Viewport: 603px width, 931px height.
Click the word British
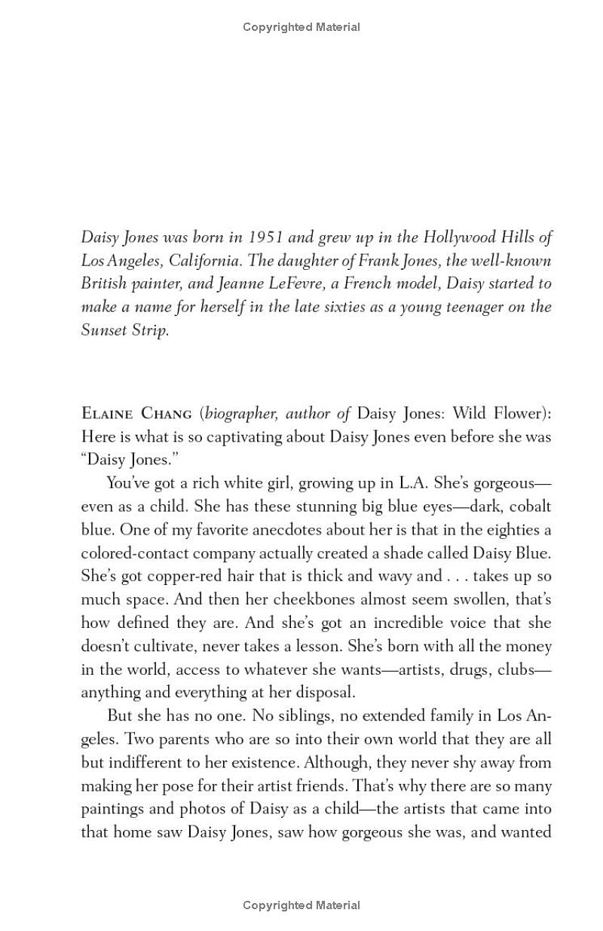coord(104,284)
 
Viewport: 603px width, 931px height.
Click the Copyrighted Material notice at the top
coord(301,27)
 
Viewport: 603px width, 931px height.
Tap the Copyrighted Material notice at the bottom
coord(301,905)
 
